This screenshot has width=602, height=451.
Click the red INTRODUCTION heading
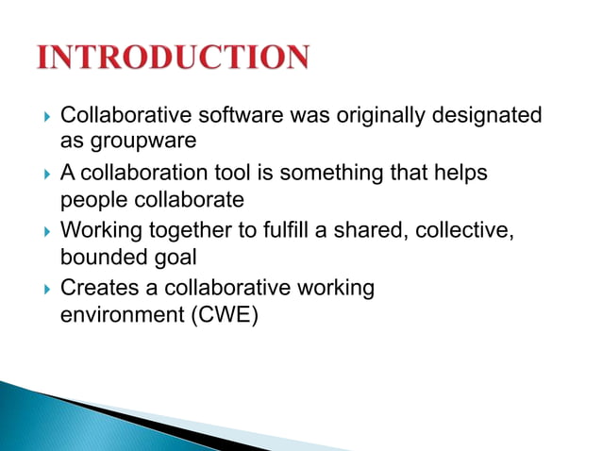click(172, 58)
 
